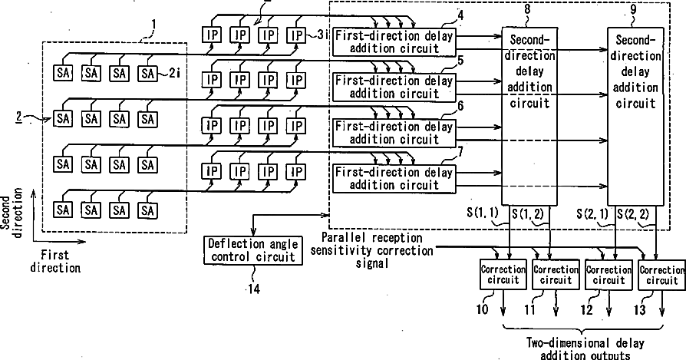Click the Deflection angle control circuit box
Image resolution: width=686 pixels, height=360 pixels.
[253, 249]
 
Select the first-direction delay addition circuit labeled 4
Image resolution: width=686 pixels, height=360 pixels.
[394, 42]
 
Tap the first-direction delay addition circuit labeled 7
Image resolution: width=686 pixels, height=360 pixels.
[394, 178]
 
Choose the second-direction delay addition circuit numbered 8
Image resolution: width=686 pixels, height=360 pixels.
[529, 116]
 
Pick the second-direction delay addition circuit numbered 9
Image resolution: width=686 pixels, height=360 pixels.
[635, 116]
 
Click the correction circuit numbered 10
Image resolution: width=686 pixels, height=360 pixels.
[503, 274]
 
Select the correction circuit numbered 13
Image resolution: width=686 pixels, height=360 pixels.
[661, 274]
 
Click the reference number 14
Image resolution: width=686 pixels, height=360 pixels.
[254, 289]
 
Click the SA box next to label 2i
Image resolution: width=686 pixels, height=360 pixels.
[148, 73]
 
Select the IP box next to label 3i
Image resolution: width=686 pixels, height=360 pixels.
[297, 35]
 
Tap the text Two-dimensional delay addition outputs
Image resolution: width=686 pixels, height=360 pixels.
[585, 348]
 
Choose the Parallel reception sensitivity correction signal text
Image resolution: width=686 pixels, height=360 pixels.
[371, 251]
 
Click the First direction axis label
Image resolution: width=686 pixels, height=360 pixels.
[55, 261]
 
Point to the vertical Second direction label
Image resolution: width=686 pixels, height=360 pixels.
[12, 213]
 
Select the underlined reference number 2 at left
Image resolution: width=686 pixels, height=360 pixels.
[19, 117]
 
